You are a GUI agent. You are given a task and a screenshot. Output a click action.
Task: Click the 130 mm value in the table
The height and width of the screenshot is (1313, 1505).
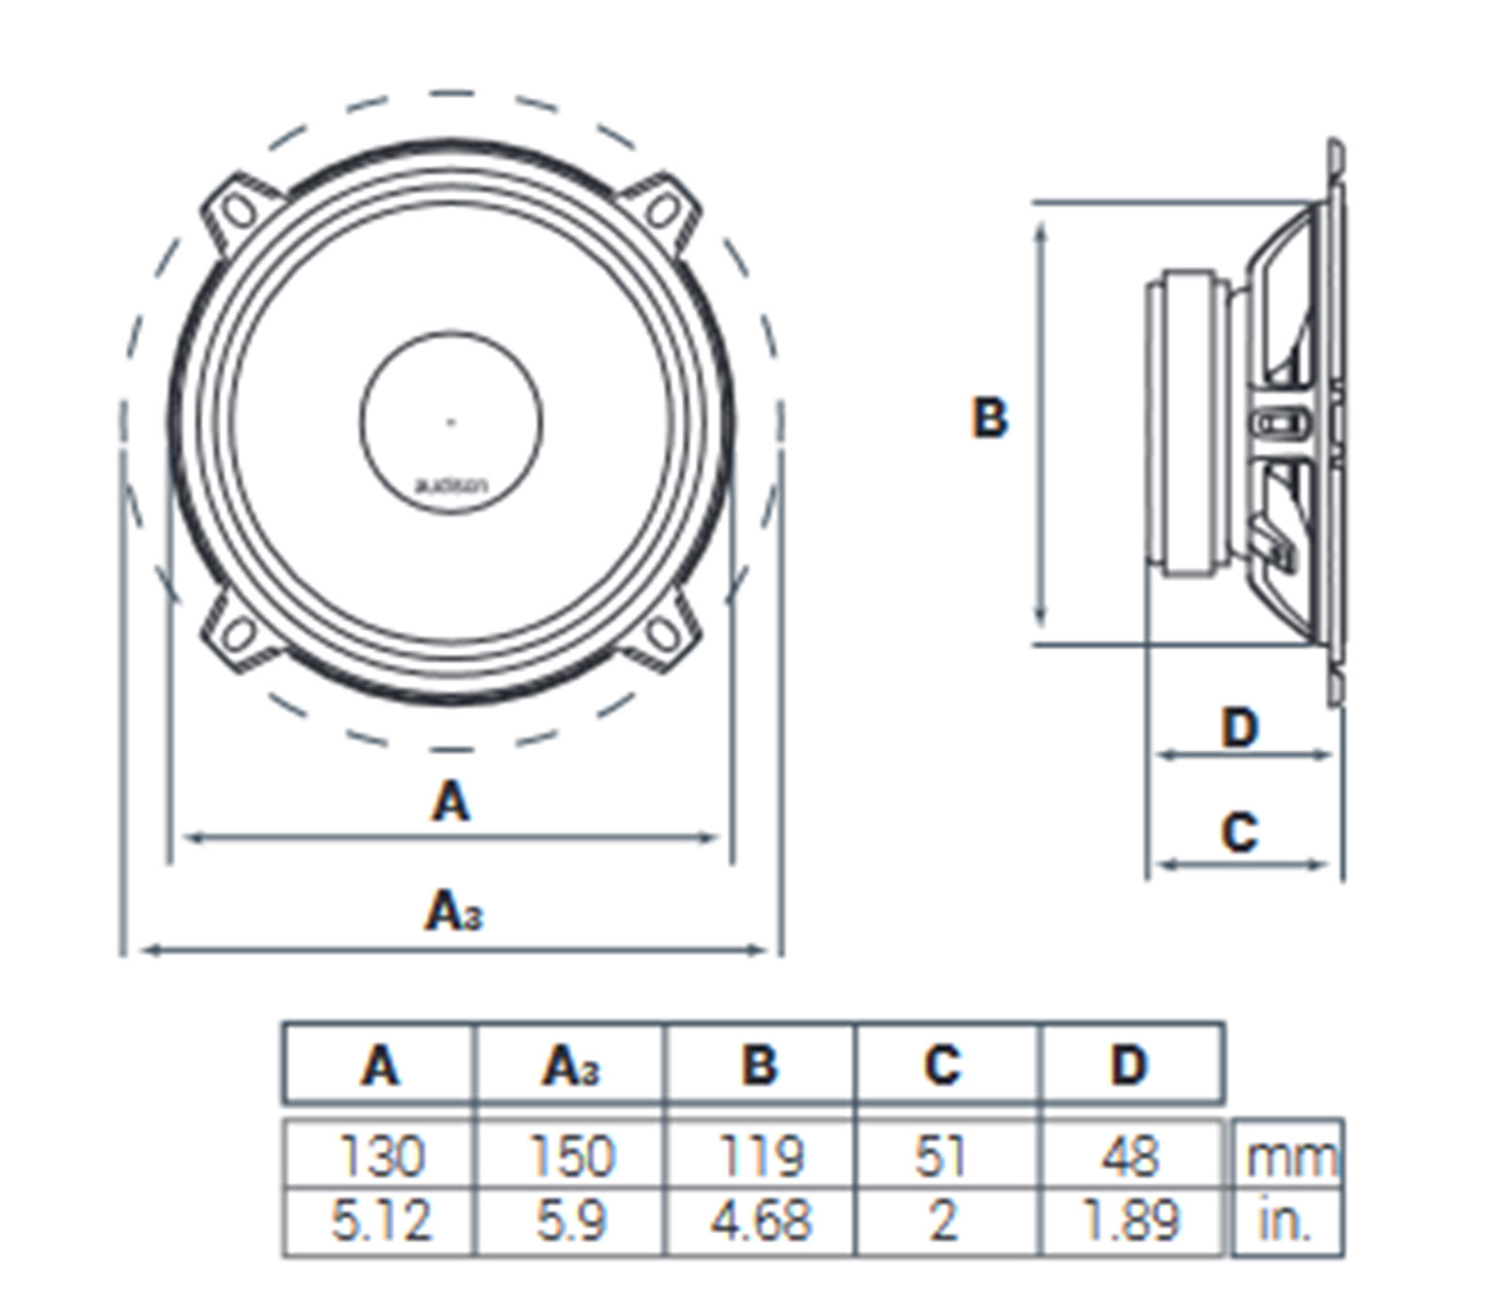(380, 1156)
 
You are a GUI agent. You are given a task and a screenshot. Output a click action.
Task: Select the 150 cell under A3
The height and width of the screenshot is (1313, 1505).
(571, 1156)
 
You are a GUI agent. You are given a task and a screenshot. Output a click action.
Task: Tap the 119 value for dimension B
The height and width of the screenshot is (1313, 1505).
(760, 1156)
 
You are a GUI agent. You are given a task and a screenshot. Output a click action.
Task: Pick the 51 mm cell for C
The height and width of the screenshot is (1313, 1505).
(942, 1156)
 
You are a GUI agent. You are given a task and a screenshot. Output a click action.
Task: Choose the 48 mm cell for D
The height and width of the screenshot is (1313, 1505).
(1130, 1156)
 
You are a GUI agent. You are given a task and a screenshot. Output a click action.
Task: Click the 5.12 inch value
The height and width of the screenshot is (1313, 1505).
(380, 1221)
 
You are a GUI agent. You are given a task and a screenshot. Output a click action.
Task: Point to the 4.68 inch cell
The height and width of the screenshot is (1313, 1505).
(760, 1221)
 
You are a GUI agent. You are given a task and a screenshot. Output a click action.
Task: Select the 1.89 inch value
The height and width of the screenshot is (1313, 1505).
(1130, 1221)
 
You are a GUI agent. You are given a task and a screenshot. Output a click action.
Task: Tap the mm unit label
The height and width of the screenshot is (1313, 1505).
(1290, 1156)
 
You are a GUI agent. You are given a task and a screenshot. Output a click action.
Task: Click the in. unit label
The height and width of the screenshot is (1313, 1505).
(1285, 1221)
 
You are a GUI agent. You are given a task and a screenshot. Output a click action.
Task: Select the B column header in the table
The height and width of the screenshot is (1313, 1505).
(760, 1066)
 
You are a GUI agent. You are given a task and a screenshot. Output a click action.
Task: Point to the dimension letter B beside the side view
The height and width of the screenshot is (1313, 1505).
(989, 419)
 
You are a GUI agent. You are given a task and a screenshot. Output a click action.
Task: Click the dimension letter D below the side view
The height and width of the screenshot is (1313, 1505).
(1239, 728)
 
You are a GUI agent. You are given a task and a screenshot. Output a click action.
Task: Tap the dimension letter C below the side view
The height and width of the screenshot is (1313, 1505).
(1239, 832)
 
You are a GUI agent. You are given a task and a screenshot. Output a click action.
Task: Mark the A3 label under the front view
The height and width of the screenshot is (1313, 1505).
(453, 911)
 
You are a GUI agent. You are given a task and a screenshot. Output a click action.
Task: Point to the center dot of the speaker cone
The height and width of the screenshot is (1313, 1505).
(450, 422)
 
